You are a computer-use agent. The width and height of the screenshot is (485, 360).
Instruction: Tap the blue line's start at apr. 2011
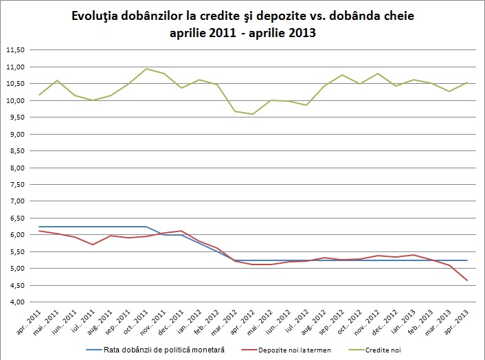[x=40, y=227]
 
